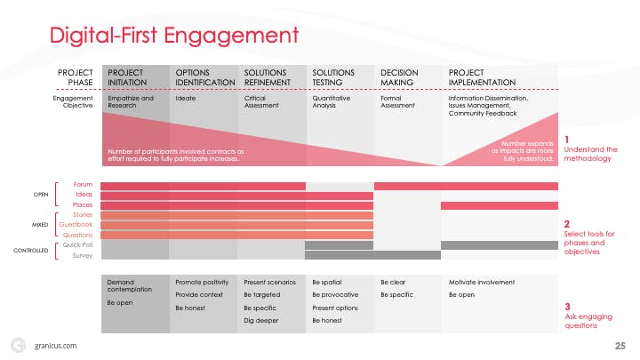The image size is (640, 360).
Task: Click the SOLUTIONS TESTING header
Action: coord(334,76)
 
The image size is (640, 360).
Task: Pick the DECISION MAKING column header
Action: coord(400,76)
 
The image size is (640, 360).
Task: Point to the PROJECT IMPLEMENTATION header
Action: coord(483,76)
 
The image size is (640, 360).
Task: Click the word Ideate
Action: coord(186,99)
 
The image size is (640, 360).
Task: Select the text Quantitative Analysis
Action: coord(332,102)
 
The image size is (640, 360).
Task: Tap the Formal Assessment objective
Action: coord(398,102)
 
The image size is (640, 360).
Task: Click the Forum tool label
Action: coord(83,185)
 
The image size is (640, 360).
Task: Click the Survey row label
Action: coord(82,255)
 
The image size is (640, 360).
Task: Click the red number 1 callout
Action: coord(567,140)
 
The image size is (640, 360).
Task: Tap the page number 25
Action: coord(620,344)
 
